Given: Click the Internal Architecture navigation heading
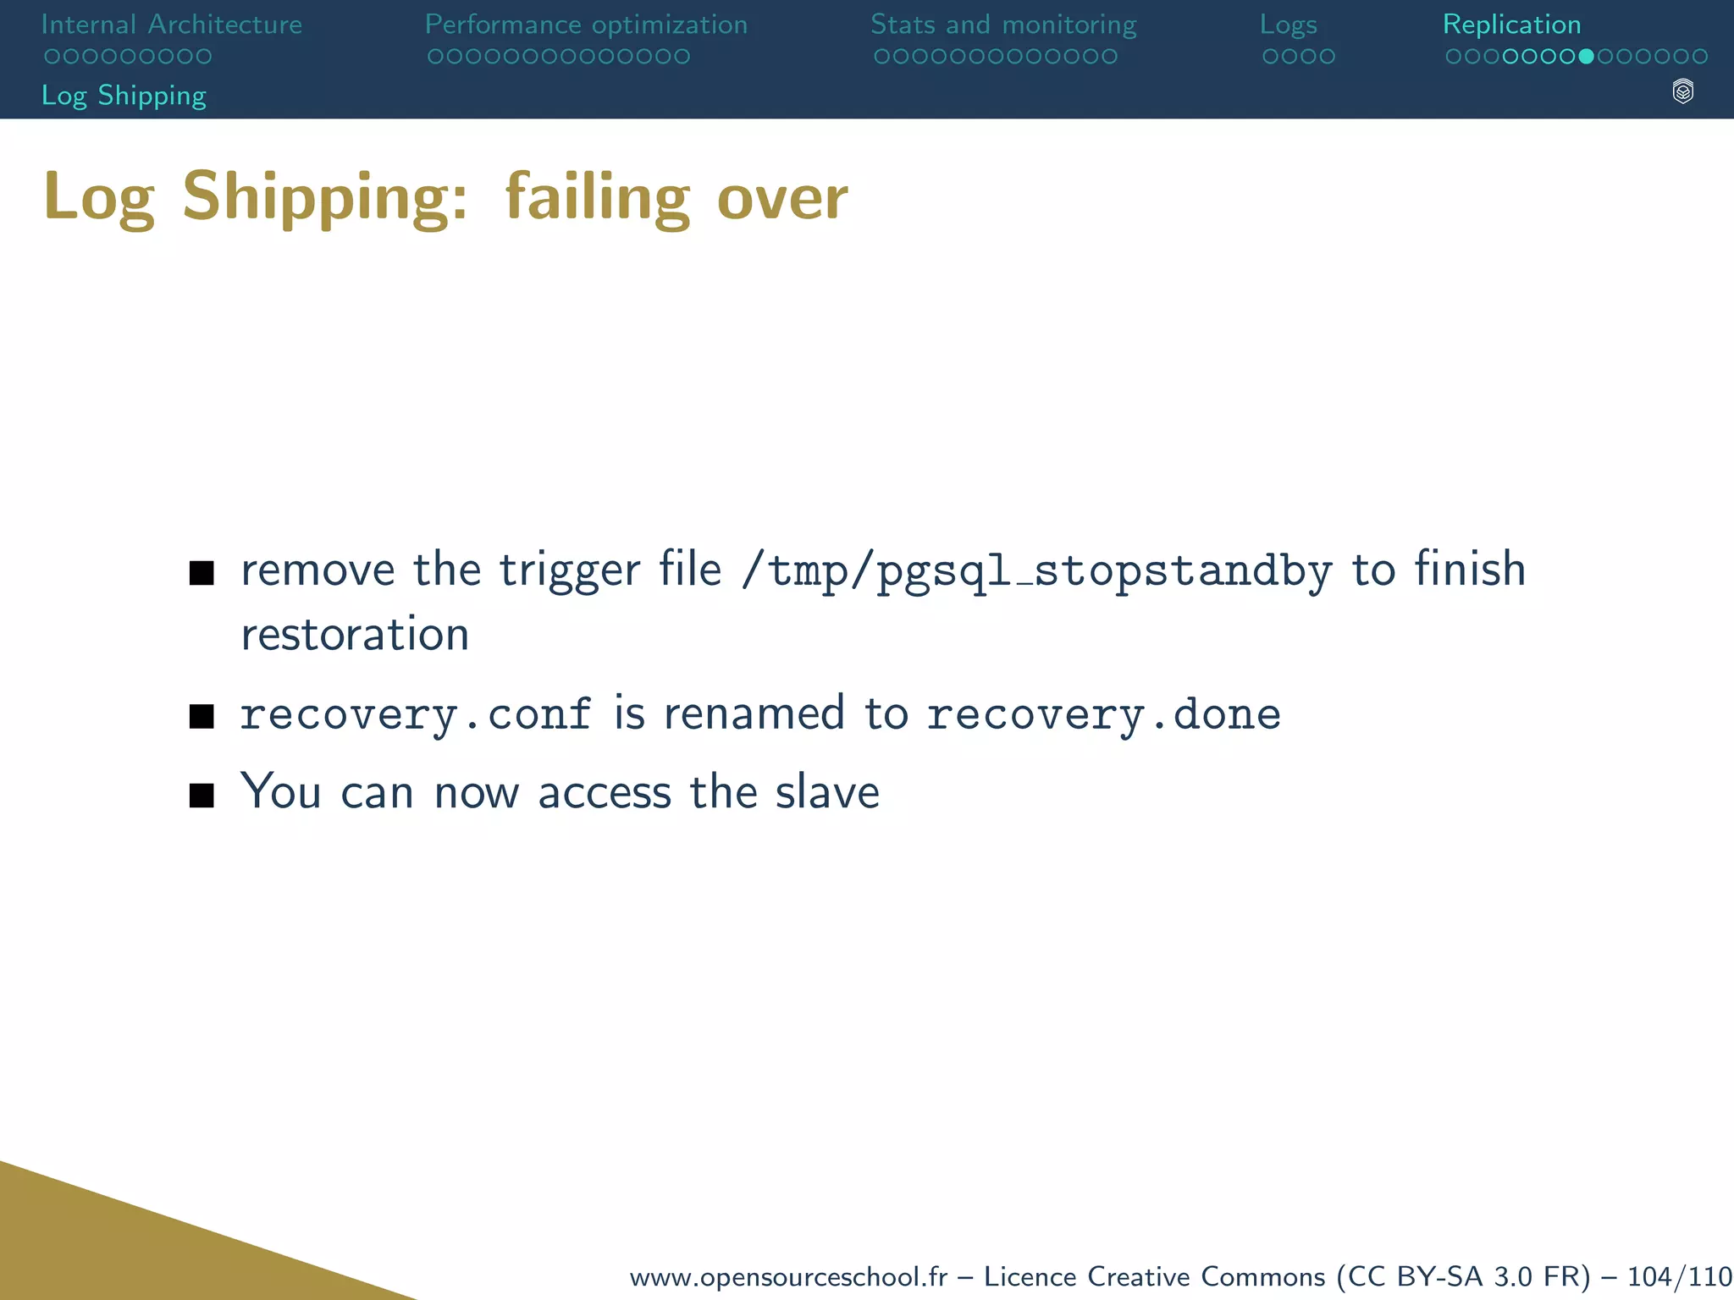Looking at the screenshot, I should click(x=171, y=25).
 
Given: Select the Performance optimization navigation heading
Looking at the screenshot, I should click(x=586, y=25).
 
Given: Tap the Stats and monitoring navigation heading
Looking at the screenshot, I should click(x=1003, y=25).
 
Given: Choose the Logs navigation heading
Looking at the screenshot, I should click(x=1288, y=25).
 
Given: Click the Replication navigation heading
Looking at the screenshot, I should click(x=1511, y=25).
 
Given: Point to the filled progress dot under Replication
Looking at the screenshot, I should click(x=1586, y=57).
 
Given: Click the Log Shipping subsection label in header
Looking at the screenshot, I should click(x=124, y=96).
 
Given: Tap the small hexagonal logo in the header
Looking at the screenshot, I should click(x=1682, y=91).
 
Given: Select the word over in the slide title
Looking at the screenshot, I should click(x=781, y=198).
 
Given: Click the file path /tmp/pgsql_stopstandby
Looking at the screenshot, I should click(x=1036, y=570).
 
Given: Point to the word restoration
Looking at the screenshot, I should click(x=355, y=635).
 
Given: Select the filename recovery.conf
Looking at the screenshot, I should click(x=416, y=714).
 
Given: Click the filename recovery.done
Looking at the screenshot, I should click(x=1103, y=714).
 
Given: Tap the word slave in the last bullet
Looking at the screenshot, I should click(x=827, y=792).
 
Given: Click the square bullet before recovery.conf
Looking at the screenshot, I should click(x=202, y=716).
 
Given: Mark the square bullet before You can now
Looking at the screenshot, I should click(x=202, y=796).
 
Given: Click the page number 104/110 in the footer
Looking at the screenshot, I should click(x=1680, y=1276).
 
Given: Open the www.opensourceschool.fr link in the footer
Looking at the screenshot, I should click(x=788, y=1276).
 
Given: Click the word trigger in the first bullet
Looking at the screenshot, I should click(x=569, y=570).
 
